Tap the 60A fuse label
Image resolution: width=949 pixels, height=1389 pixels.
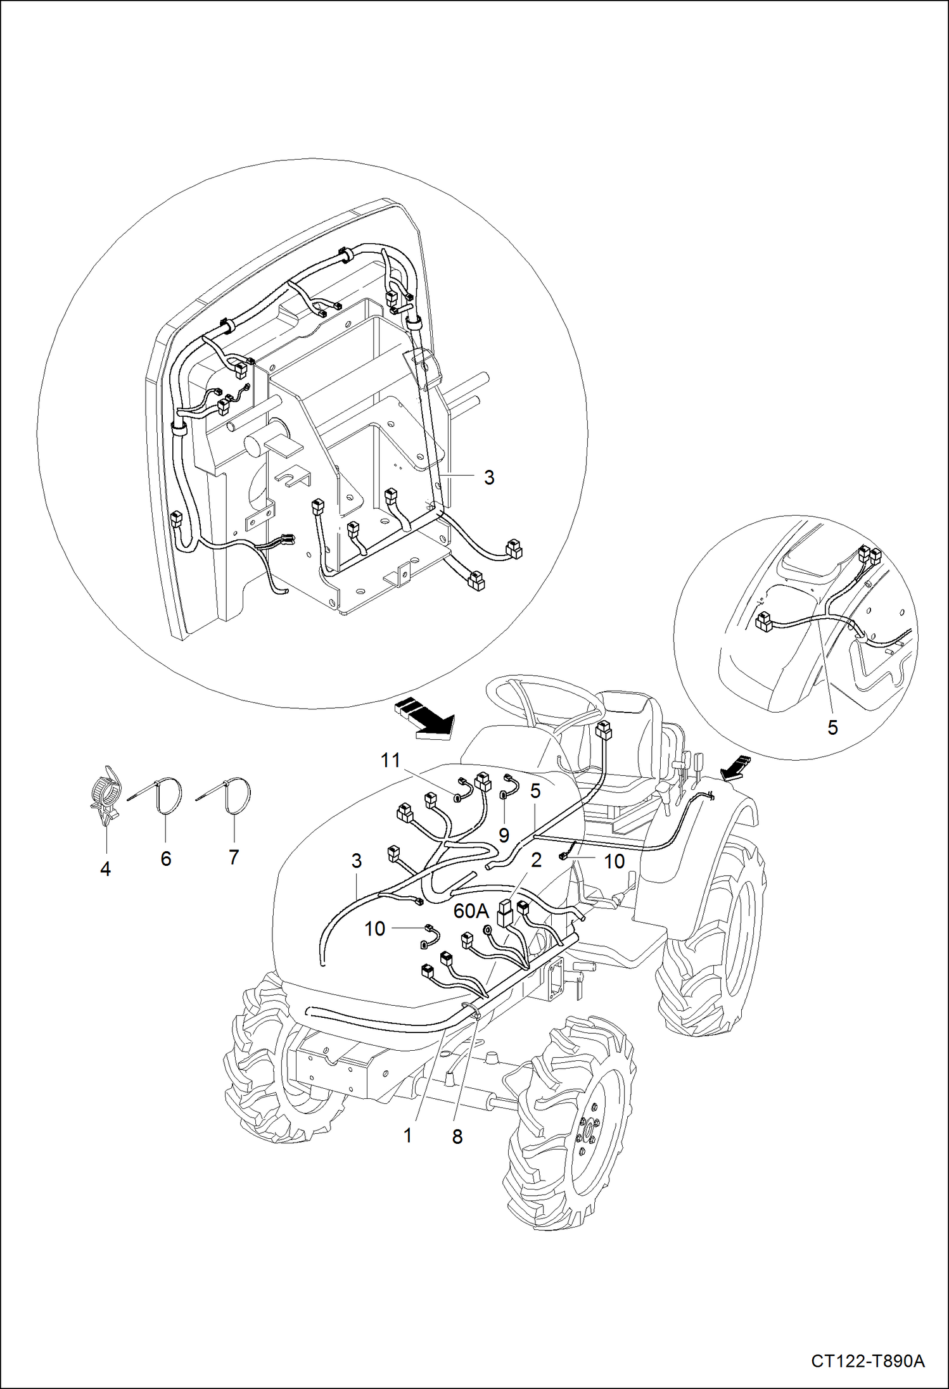point(471,911)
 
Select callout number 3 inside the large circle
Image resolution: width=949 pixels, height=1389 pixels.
point(488,477)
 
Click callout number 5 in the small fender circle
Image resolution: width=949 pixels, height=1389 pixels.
point(832,727)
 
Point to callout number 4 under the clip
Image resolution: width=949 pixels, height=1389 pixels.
point(105,870)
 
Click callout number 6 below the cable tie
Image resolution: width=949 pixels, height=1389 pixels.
point(166,858)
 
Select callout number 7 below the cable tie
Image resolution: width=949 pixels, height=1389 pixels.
point(234,857)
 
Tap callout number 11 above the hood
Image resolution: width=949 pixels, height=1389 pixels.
point(391,759)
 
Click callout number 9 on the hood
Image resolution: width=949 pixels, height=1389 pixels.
point(504,835)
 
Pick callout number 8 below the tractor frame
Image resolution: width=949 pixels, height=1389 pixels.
point(457,1137)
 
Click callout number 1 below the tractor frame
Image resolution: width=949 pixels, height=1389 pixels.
point(408,1136)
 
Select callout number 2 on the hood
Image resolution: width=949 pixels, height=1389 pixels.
point(537,859)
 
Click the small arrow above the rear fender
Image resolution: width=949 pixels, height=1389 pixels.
point(736,767)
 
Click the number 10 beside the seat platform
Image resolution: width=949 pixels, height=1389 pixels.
point(615,861)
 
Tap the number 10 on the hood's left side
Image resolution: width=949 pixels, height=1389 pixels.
point(374,929)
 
